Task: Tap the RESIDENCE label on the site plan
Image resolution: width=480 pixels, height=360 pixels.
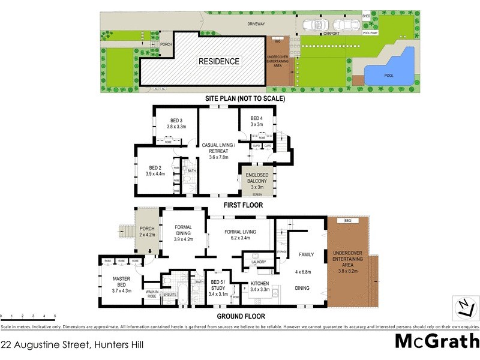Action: coord(219,61)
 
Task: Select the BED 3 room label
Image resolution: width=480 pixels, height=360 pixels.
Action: coord(176,120)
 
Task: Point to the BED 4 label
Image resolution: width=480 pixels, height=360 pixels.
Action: coord(257,118)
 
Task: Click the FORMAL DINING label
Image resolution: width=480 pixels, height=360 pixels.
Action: coord(183,230)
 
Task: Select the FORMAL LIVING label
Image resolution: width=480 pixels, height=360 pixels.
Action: coord(240,231)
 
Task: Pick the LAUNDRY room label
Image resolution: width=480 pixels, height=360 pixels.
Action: coord(259,262)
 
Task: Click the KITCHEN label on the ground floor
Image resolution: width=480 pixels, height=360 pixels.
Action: coord(259,281)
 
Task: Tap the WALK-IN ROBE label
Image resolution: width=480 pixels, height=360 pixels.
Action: coord(151,294)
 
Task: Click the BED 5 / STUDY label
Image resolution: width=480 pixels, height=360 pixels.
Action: coord(214,284)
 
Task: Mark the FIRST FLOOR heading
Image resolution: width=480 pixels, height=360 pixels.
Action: coord(242,205)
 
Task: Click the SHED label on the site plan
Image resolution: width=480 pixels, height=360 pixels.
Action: coord(367,16)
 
